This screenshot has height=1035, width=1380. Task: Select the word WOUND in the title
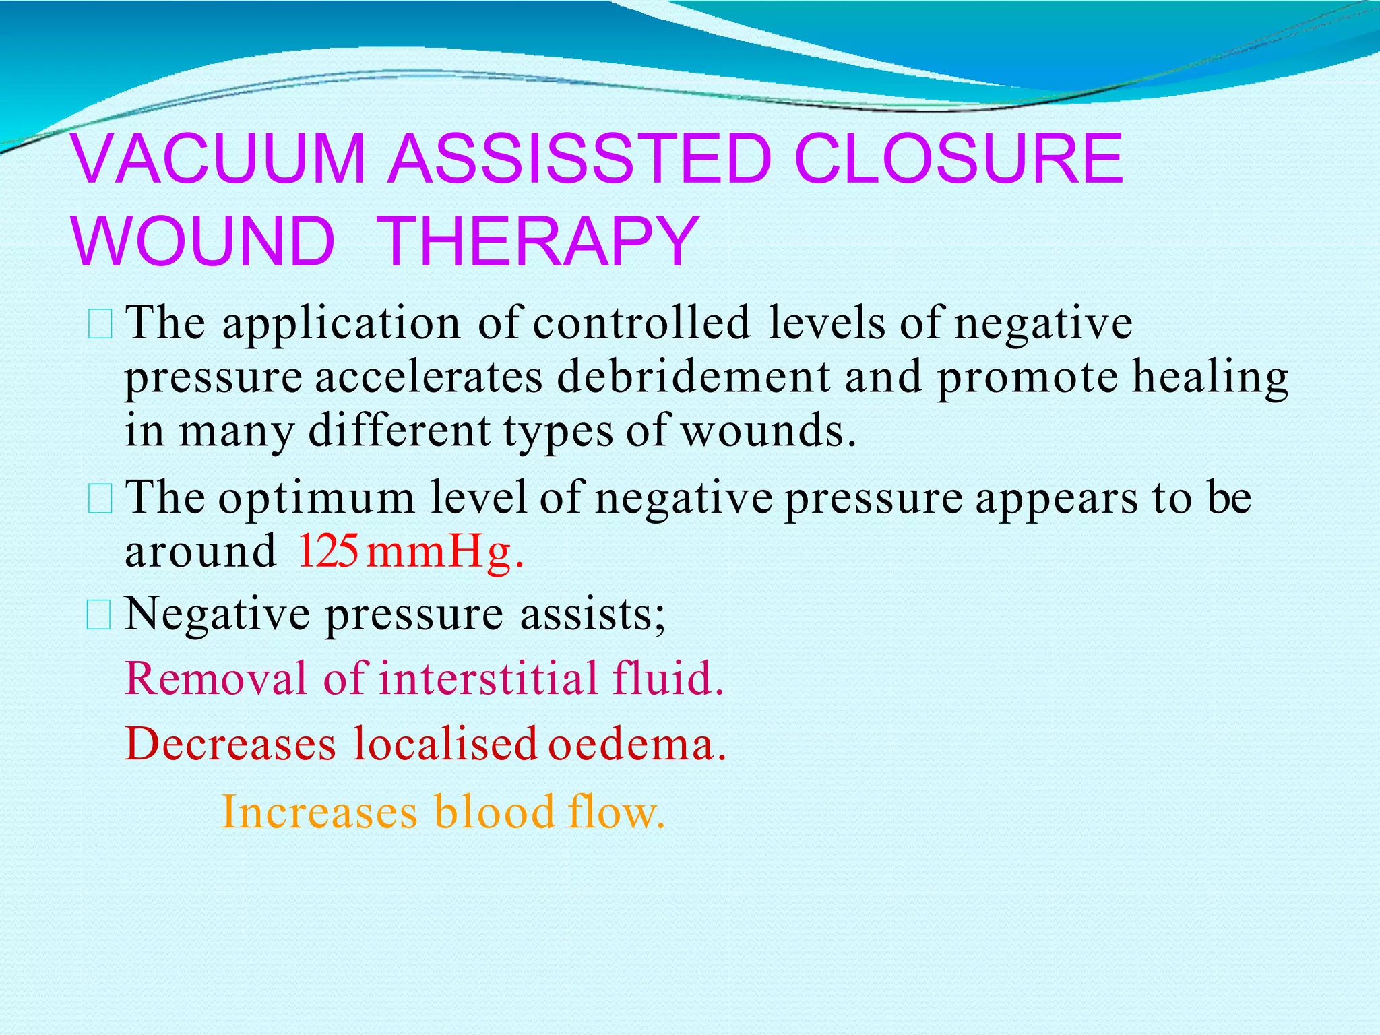tap(202, 241)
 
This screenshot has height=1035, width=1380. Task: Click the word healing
tap(1210, 377)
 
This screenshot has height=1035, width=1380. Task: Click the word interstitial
tap(489, 677)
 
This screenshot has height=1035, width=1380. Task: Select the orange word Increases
tap(319, 811)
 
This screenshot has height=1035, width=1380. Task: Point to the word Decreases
tap(230, 744)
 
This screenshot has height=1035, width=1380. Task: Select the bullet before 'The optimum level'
tap(100, 499)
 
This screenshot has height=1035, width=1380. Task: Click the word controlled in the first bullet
tap(641, 322)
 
